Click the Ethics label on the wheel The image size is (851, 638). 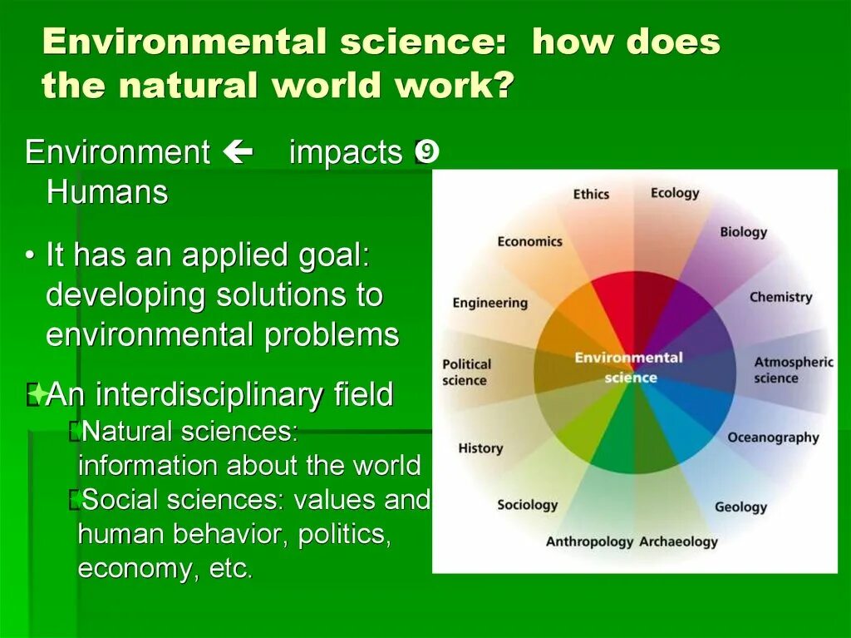tap(591, 195)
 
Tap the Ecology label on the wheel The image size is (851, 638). tap(675, 193)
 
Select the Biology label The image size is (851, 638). tap(743, 232)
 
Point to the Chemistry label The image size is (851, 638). tap(780, 297)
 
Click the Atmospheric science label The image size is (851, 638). tap(793, 370)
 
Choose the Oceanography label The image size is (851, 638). tap(773, 438)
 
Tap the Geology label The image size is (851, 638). tap(740, 507)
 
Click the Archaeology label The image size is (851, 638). tap(678, 542)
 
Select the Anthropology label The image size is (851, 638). tap(589, 542)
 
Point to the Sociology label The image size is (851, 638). tap(527, 505)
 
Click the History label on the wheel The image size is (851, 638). tap(480, 448)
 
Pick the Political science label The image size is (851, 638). tap(466, 372)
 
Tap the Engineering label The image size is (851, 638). tap(489, 303)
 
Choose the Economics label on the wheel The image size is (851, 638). tap(529, 241)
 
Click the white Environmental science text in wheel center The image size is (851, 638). tap(628, 367)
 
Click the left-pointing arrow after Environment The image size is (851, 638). tap(238, 152)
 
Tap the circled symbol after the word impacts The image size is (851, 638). tap(426, 152)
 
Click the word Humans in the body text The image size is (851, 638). tap(107, 193)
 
